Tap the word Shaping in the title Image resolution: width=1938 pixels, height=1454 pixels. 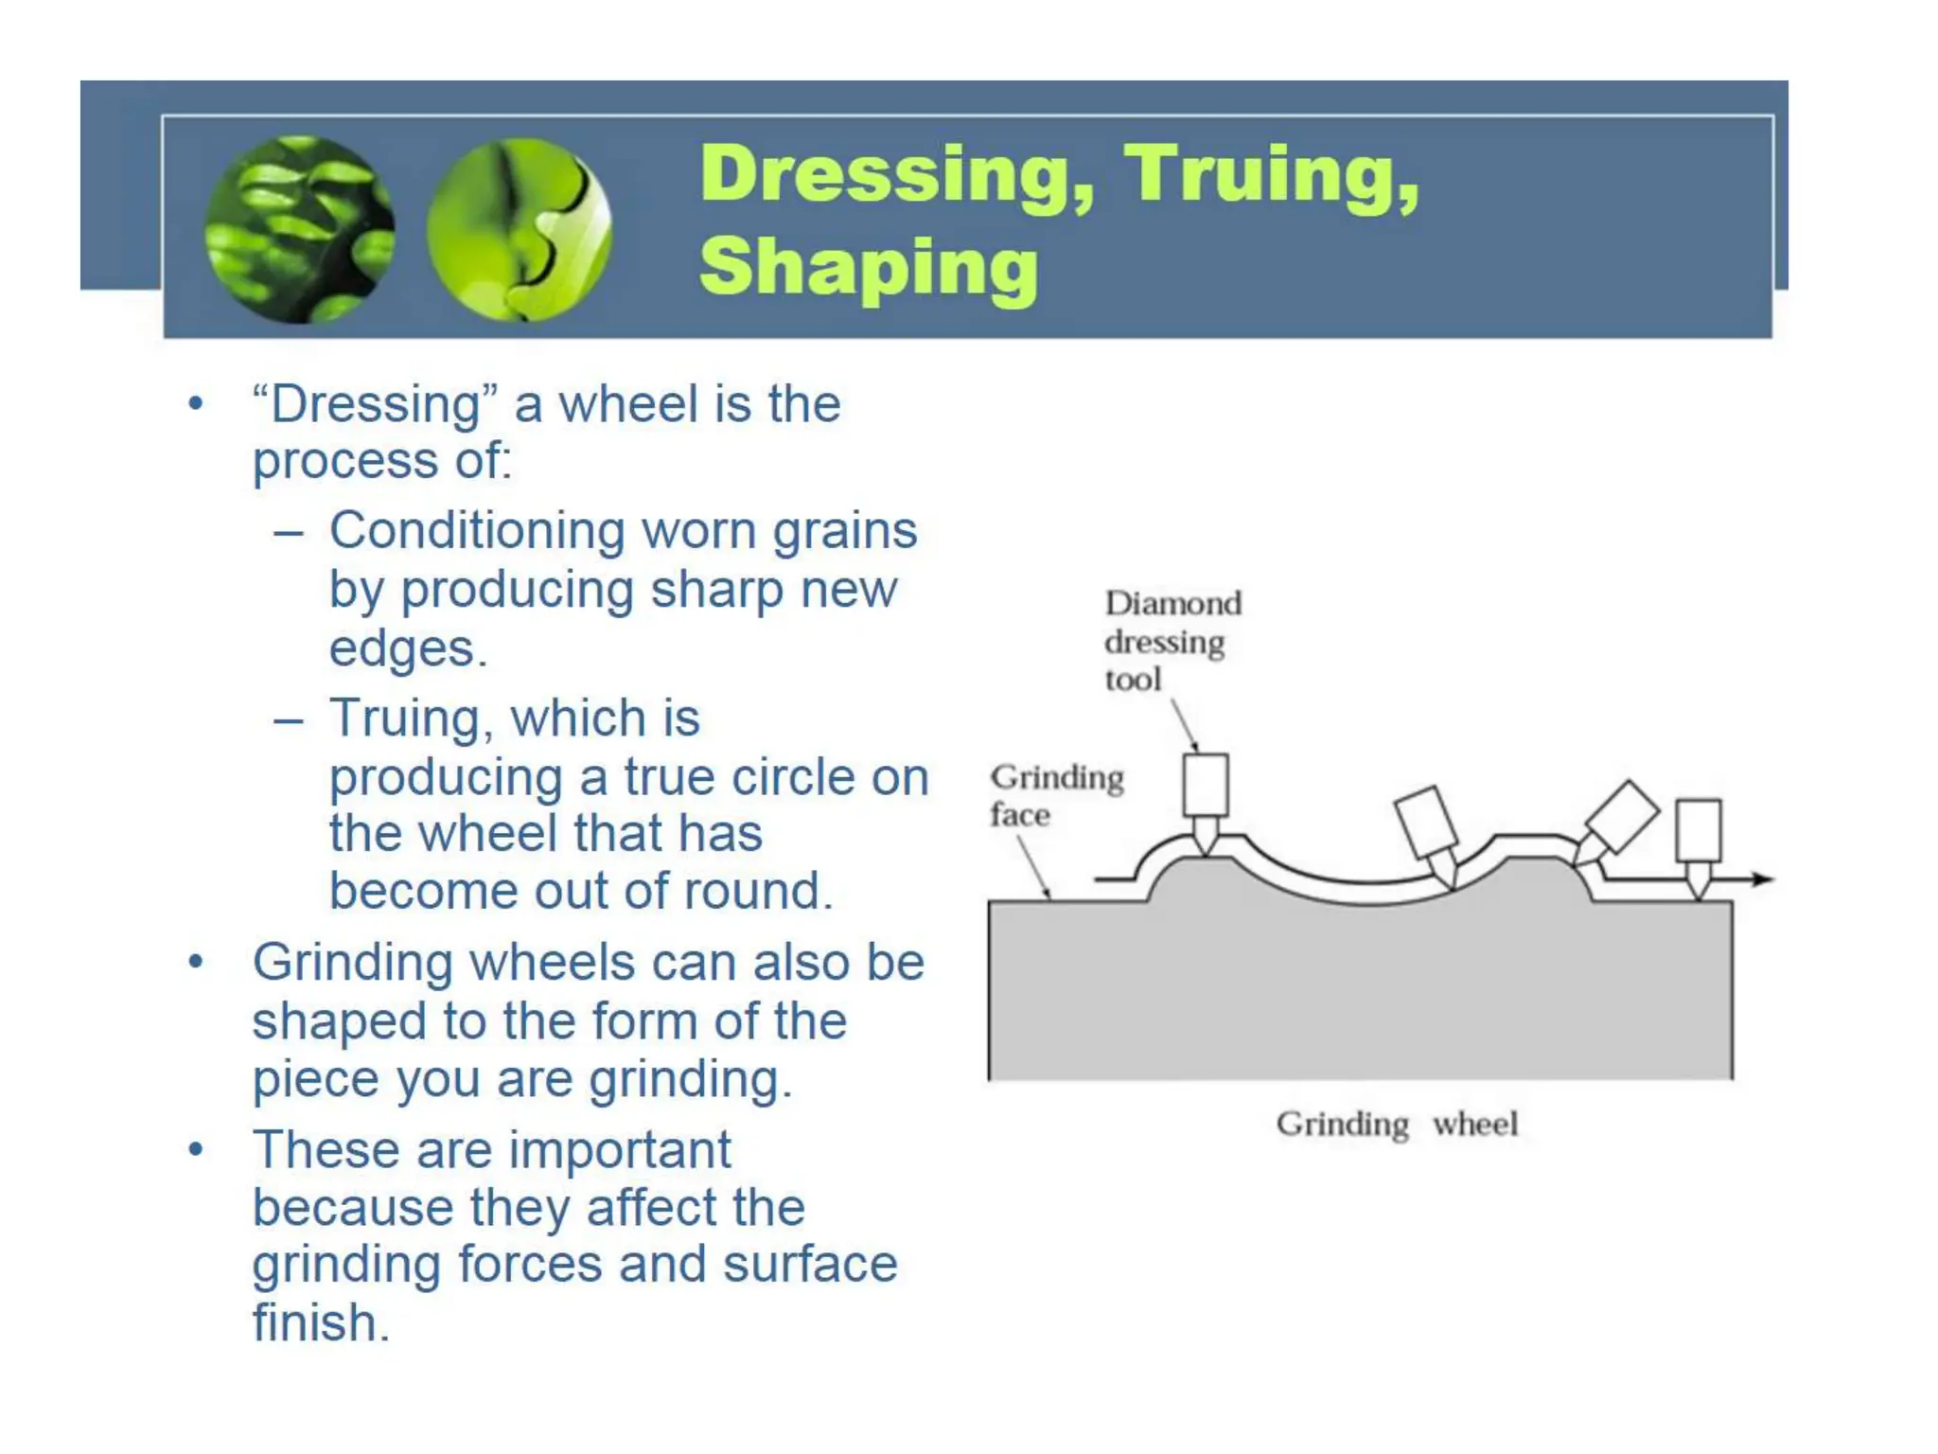pos(868,268)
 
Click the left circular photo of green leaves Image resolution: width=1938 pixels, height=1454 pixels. pos(300,229)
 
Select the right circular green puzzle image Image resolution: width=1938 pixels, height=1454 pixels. pos(519,229)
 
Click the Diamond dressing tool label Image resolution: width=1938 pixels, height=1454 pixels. pos(1172,641)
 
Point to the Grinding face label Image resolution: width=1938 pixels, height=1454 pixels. pos(1055,795)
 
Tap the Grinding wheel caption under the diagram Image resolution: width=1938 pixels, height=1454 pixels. pos(1396,1125)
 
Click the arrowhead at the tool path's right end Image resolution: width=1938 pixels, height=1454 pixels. pos(1761,879)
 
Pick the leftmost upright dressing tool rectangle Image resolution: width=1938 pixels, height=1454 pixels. pos(1206,785)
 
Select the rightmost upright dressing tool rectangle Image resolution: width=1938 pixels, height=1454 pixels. pos(1699,830)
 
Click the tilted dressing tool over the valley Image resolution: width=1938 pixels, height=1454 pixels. pos(1426,821)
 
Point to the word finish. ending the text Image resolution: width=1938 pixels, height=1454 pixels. pos(321,1322)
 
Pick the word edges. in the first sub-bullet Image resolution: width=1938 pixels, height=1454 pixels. pos(408,650)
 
